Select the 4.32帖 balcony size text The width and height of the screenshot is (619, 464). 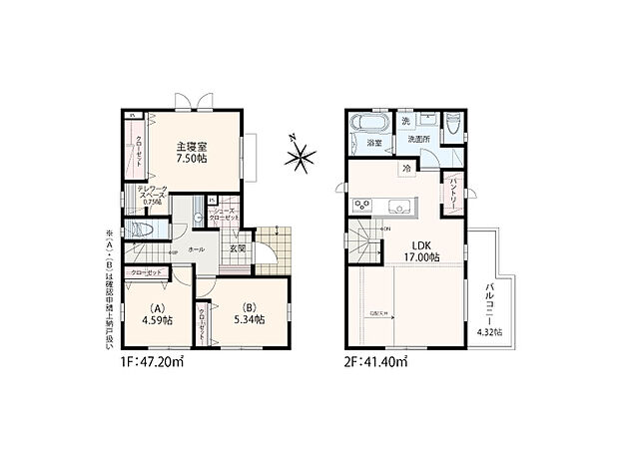click(x=491, y=331)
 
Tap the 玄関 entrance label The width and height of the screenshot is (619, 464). click(x=238, y=248)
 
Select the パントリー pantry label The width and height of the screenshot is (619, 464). click(x=451, y=186)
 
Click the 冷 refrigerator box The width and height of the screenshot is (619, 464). click(x=407, y=169)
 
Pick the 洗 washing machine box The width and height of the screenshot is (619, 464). click(x=405, y=122)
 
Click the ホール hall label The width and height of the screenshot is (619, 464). click(x=197, y=248)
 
